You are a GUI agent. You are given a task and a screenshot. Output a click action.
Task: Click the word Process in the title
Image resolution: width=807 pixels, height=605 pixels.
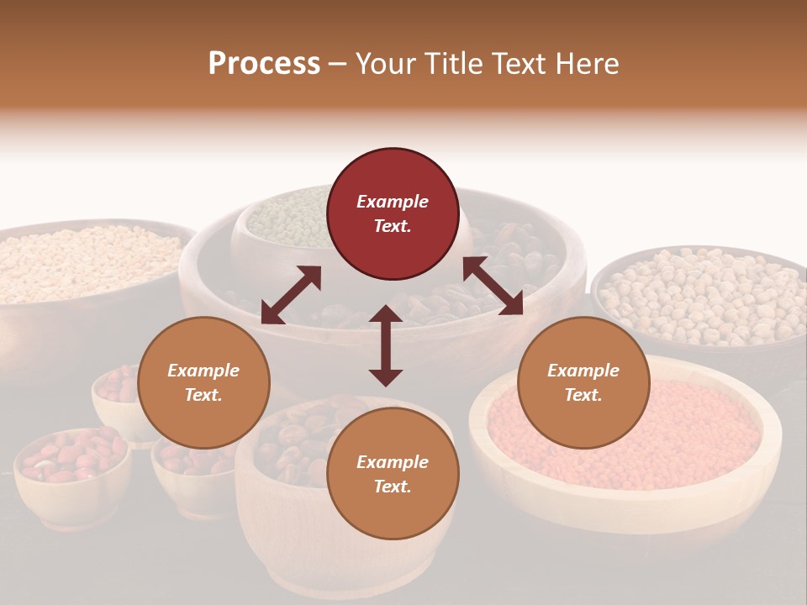click(x=264, y=64)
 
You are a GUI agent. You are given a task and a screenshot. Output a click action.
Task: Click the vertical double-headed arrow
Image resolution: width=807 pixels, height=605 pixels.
click(x=386, y=345)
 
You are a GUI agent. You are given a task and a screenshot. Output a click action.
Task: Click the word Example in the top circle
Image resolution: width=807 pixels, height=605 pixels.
click(x=393, y=202)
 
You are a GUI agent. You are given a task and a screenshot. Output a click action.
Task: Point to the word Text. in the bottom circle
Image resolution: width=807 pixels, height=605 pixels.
click(x=393, y=487)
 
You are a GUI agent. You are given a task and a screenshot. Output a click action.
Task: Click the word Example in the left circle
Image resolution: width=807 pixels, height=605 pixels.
click(x=203, y=371)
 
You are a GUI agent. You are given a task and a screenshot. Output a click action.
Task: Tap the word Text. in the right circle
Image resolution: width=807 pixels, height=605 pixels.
click(x=583, y=395)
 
